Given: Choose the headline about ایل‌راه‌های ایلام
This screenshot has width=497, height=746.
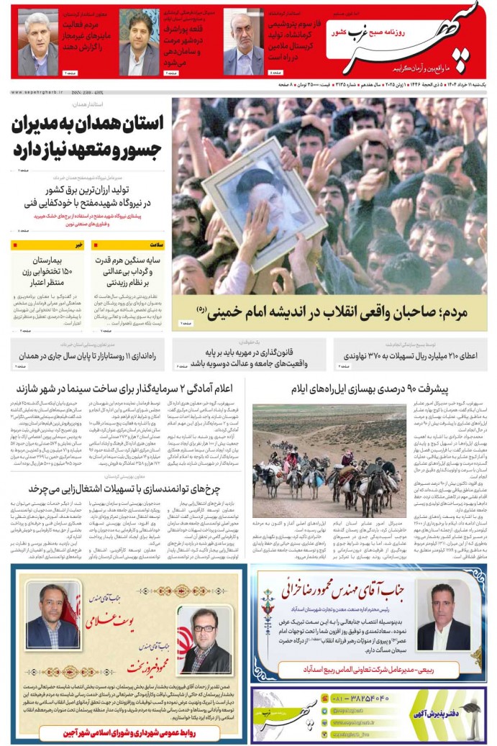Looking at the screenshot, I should point(369,390).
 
